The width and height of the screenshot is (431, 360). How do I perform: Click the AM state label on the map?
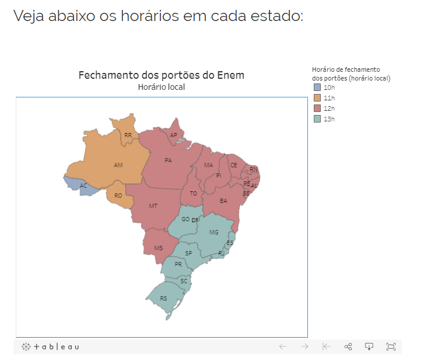click(x=118, y=165)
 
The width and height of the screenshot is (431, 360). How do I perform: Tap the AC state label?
click(x=83, y=186)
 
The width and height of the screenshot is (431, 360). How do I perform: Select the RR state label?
click(x=128, y=135)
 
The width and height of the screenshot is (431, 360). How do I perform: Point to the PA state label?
click(x=168, y=160)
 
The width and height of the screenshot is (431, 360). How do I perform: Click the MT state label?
click(x=153, y=206)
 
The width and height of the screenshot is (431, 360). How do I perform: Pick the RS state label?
click(x=163, y=298)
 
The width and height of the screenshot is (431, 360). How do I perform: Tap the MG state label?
click(x=214, y=232)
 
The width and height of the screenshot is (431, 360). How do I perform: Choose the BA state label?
click(x=223, y=201)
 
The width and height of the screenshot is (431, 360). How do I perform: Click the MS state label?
click(x=158, y=248)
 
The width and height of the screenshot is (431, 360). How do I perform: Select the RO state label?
click(x=118, y=195)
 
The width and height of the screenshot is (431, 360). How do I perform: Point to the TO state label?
click(x=193, y=193)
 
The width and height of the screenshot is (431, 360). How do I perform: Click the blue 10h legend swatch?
click(x=317, y=88)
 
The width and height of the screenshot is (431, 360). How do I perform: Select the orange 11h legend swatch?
click(x=317, y=98)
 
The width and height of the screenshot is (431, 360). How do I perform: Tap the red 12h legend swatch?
click(x=317, y=109)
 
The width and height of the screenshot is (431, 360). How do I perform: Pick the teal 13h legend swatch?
click(x=317, y=119)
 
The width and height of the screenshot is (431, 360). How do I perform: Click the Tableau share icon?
click(x=348, y=347)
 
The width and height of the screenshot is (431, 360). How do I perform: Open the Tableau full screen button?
click(x=391, y=347)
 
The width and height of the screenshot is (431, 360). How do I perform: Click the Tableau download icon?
click(x=369, y=347)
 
